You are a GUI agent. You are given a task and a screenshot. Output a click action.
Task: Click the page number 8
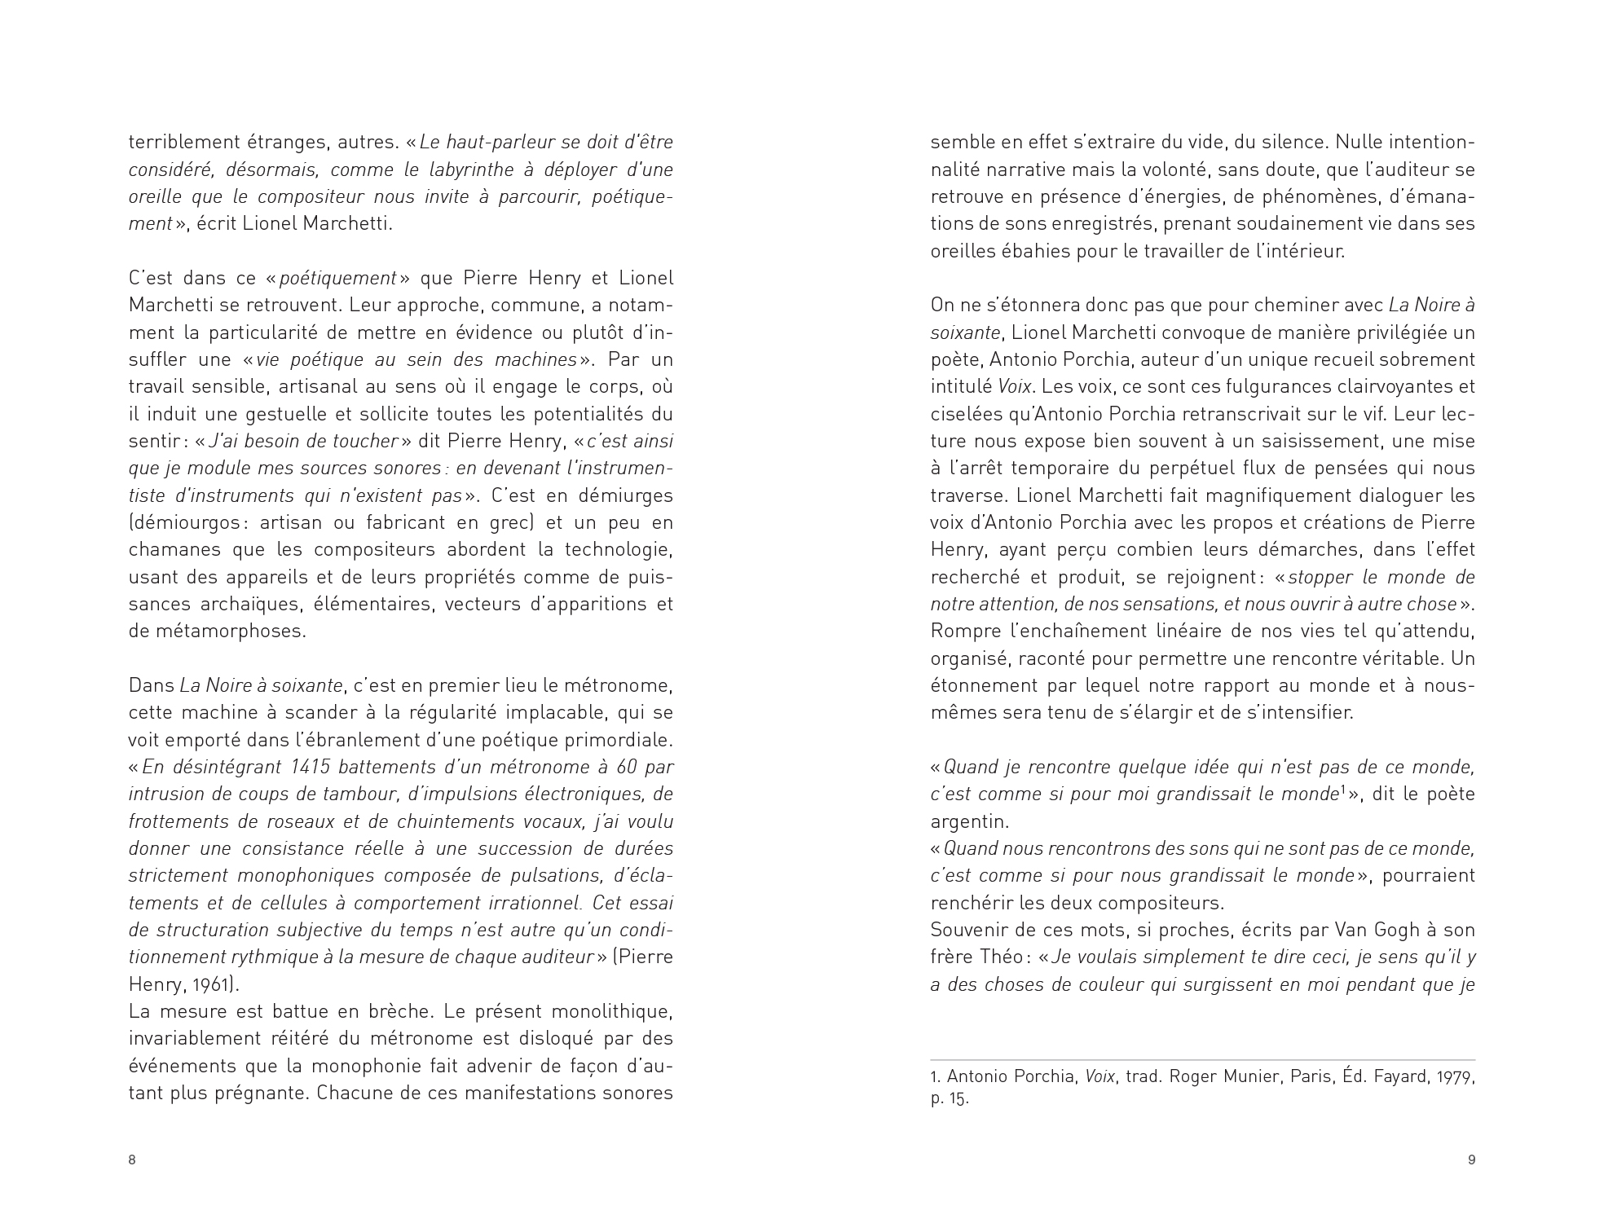click(x=132, y=1160)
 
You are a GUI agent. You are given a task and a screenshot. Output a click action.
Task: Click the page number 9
click(x=1471, y=1160)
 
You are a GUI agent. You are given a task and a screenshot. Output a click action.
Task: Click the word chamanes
click(x=171, y=550)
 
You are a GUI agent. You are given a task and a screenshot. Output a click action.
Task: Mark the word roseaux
click(x=308, y=821)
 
